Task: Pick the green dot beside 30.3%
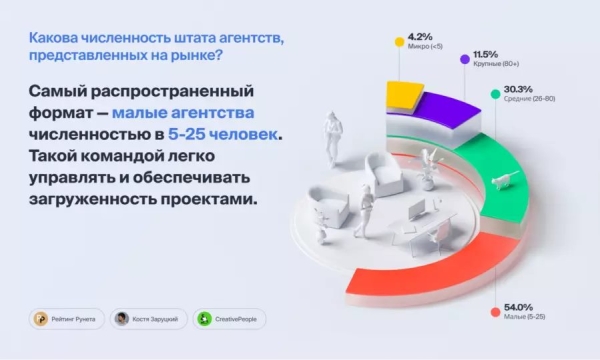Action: (495, 93)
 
